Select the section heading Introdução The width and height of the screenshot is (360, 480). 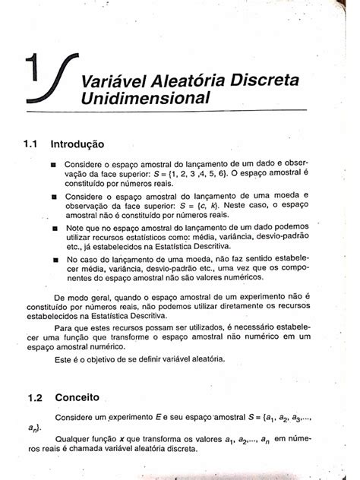point(77,143)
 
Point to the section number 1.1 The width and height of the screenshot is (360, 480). point(35,143)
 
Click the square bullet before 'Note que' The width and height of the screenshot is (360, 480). point(54,227)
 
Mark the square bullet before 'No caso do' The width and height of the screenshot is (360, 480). point(54,260)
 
